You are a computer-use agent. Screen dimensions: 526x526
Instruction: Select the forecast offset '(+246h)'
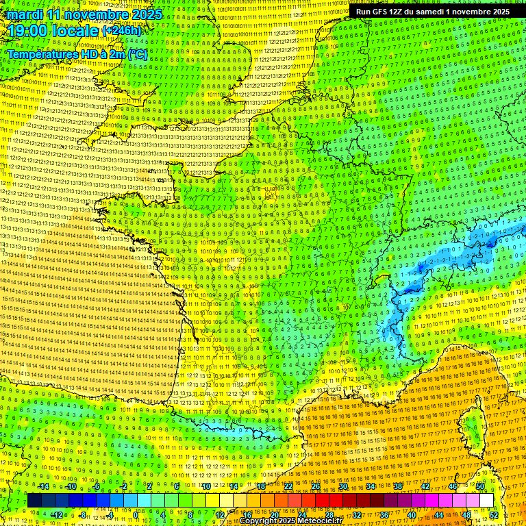point(121,32)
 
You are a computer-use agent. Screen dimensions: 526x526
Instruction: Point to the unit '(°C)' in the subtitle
point(136,53)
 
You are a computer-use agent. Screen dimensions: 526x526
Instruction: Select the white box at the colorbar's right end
point(486,501)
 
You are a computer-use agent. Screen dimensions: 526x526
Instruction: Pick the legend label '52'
point(494,515)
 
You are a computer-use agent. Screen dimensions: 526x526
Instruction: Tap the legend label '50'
point(480,486)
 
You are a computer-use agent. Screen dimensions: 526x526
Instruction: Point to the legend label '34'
point(371,486)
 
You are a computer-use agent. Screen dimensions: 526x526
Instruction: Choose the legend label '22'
point(288,486)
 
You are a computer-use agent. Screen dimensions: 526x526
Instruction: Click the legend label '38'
point(398,486)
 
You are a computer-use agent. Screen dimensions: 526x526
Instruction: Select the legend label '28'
point(329,515)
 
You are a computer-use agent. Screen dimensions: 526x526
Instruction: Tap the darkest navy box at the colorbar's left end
point(34,501)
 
